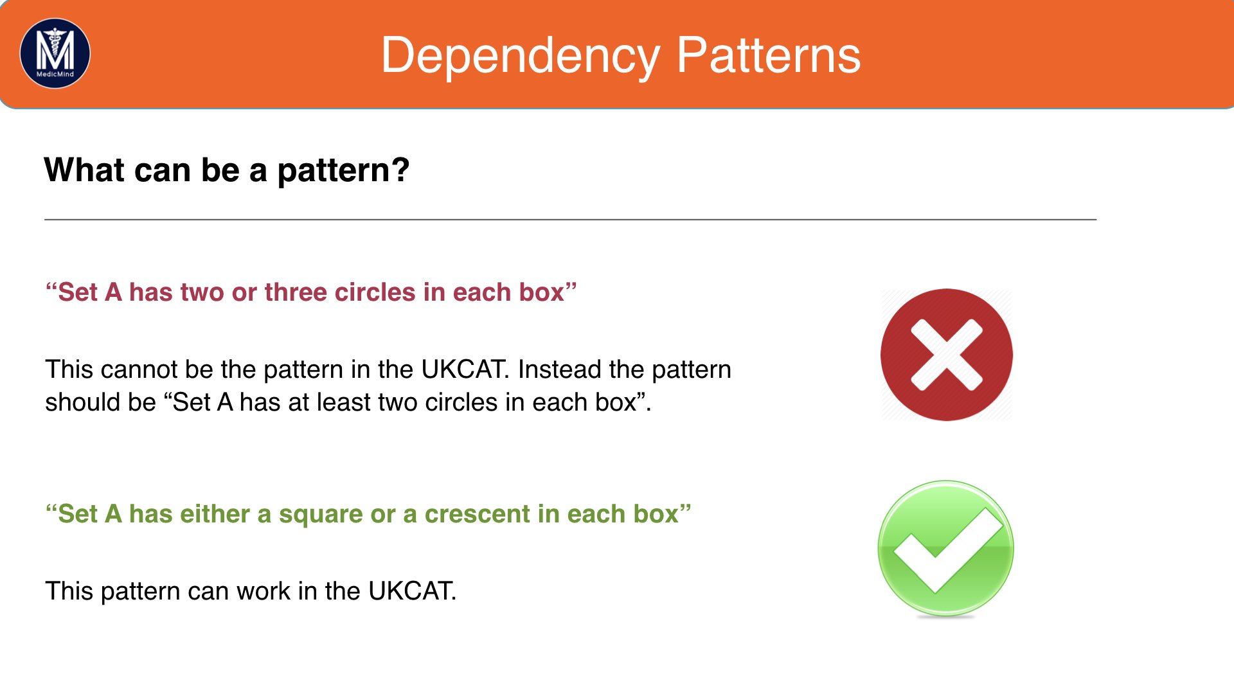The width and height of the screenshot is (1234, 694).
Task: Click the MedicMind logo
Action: click(55, 53)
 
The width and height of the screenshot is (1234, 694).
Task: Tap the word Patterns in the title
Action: click(769, 55)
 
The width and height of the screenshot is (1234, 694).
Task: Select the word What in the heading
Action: click(84, 170)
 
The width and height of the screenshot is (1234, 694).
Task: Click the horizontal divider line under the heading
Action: click(570, 220)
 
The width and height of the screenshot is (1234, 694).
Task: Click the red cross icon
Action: click(947, 355)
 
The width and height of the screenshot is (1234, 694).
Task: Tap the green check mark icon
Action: click(946, 549)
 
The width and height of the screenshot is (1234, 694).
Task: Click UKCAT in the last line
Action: click(412, 591)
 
